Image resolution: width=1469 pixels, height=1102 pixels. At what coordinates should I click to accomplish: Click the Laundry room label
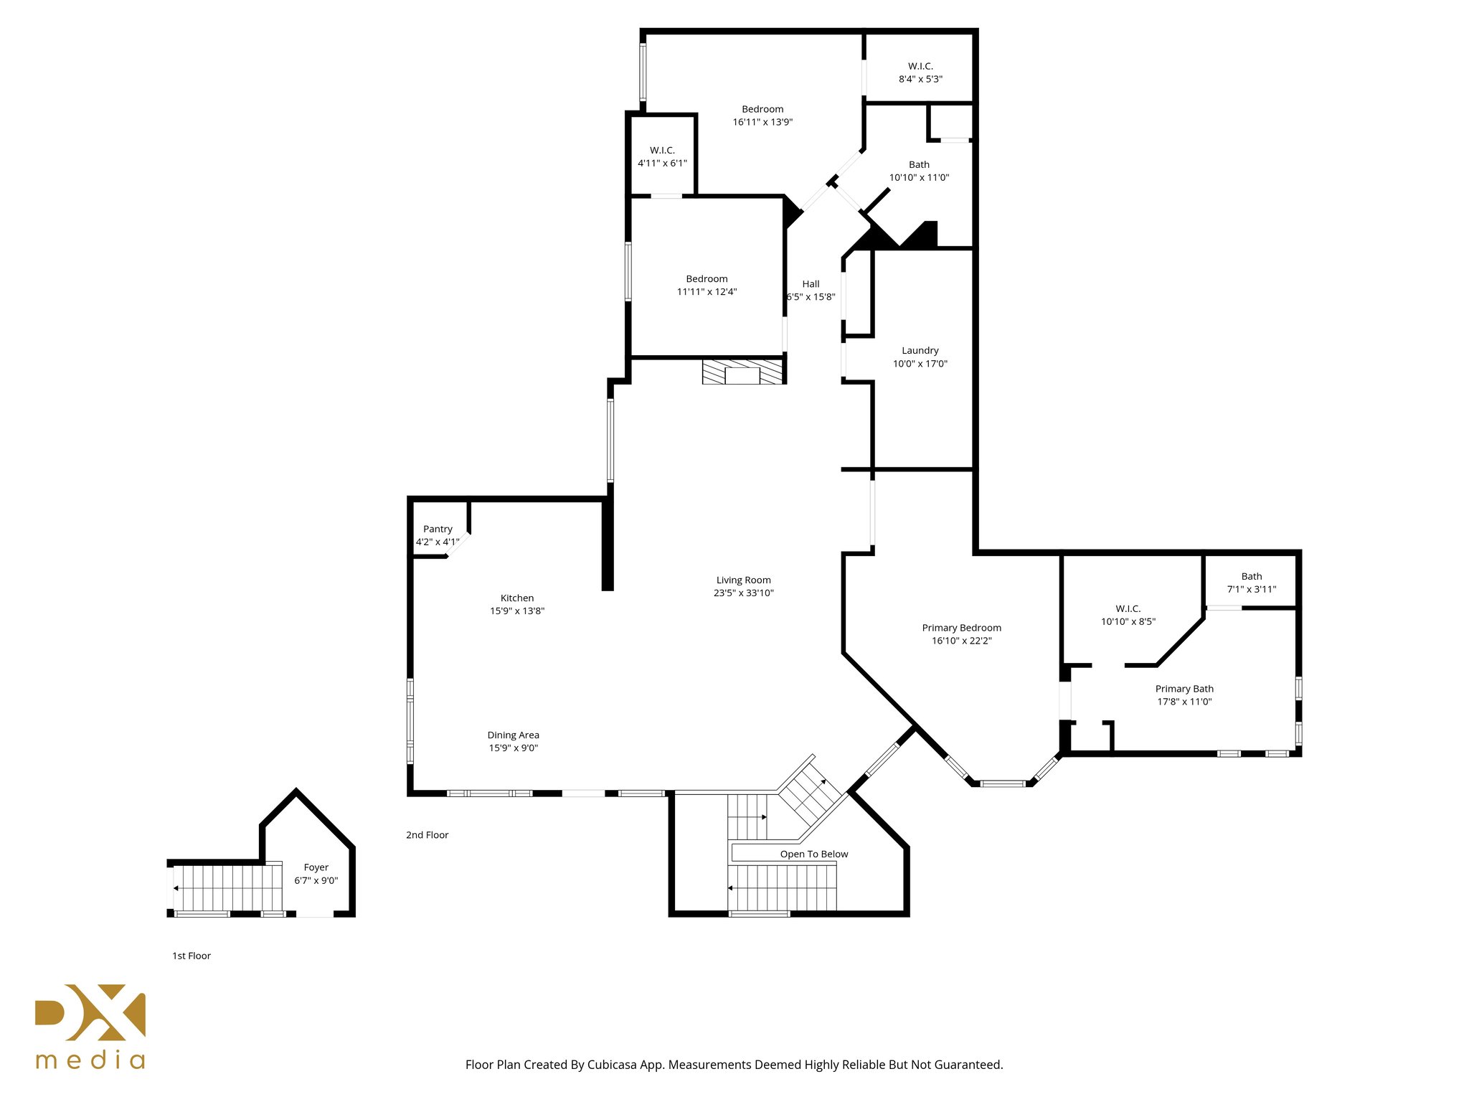click(920, 351)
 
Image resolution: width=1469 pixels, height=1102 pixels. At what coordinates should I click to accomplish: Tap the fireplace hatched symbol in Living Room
click(743, 372)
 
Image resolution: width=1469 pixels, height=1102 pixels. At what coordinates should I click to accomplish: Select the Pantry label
click(438, 529)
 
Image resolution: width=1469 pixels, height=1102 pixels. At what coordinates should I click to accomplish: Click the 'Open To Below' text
click(813, 854)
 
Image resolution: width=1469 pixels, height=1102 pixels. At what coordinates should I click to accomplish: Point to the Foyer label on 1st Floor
click(316, 867)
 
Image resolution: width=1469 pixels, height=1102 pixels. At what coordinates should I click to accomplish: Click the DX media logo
click(90, 1025)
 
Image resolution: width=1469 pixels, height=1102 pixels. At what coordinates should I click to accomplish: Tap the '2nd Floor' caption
click(427, 835)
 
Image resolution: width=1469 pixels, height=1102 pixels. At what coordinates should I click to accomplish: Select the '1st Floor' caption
click(192, 956)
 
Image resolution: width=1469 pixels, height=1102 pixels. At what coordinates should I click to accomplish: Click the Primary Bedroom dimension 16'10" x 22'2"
click(961, 641)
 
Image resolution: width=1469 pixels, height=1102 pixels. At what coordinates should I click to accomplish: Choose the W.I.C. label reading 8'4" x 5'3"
click(920, 72)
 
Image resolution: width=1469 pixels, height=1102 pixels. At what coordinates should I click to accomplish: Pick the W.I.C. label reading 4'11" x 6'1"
click(662, 156)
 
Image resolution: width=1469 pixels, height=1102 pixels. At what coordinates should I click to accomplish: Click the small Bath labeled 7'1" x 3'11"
click(1251, 583)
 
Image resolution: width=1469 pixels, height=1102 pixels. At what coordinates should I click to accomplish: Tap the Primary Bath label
click(1184, 689)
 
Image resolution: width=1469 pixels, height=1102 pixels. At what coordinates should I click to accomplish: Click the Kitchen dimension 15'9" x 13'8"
click(517, 611)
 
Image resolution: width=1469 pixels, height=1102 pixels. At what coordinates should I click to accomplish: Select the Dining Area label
click(513, 735)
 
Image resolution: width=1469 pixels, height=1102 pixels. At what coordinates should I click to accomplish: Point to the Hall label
click(811, 284)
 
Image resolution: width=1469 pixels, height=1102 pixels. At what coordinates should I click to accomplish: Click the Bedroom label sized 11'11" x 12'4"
click(707, 279)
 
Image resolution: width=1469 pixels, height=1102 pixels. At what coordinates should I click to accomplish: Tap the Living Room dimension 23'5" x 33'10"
click(743, 593)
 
